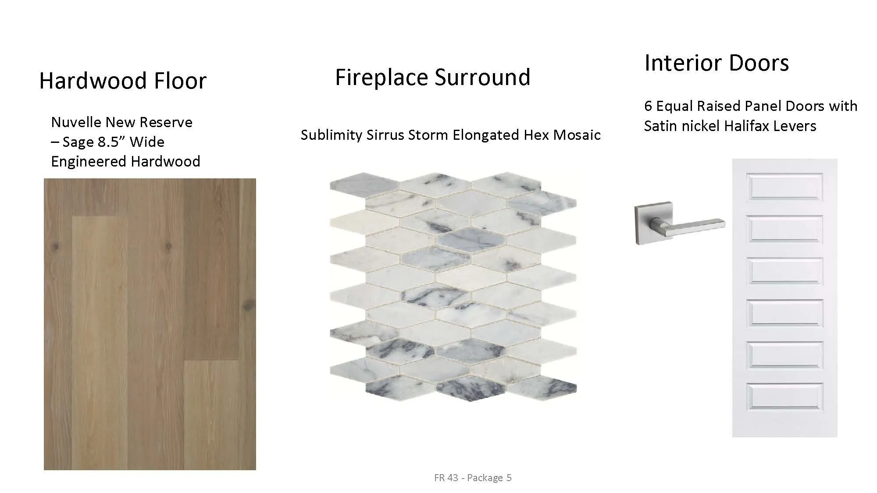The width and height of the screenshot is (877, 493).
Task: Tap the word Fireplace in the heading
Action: [382, 77]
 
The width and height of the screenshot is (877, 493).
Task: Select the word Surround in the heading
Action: [483, 77]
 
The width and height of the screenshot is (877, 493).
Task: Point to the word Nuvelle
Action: [74, 122]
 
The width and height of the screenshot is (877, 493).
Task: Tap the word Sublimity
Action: [332, 135]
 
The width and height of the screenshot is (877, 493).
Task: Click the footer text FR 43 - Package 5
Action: [473, 478]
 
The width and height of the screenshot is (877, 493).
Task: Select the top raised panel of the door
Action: [785, 187]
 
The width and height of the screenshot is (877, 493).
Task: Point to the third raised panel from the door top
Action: [785, 271]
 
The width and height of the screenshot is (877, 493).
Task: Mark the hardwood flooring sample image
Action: [150, 324]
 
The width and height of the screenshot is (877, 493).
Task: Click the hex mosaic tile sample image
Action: [453, 287]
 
